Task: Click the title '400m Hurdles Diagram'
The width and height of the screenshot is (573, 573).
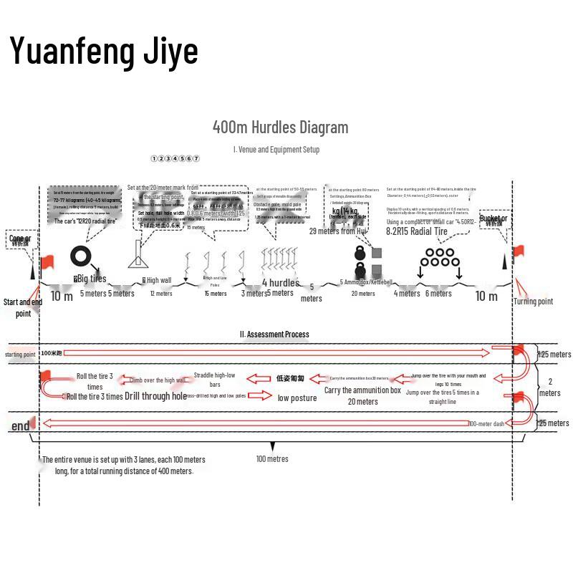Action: [280, 127]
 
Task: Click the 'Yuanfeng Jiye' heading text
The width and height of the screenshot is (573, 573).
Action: [104, 51]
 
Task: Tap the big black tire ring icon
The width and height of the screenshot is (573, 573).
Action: [81, 257]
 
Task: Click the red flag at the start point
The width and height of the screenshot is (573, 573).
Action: [49, 262]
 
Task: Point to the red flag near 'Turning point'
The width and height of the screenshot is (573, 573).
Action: [519, 251]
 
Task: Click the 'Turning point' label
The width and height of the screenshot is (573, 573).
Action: [534, 302]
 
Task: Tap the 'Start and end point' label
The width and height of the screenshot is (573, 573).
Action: [23, 307]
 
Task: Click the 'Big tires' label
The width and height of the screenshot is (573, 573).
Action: [90, 279]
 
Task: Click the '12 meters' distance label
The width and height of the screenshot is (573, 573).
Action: [160, 293]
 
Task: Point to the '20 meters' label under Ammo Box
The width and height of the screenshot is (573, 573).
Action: [362, 293]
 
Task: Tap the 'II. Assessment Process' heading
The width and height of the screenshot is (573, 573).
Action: [274, 334]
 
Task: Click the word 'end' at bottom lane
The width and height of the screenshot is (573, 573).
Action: [21, 426]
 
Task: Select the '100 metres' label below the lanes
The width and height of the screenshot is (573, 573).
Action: [272, 458]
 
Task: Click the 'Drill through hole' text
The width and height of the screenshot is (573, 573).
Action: [155, 396]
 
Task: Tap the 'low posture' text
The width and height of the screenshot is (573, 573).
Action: [297, 398]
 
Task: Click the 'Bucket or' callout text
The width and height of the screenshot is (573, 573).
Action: [493, 218]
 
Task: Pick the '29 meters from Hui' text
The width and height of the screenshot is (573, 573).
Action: [337, 231]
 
